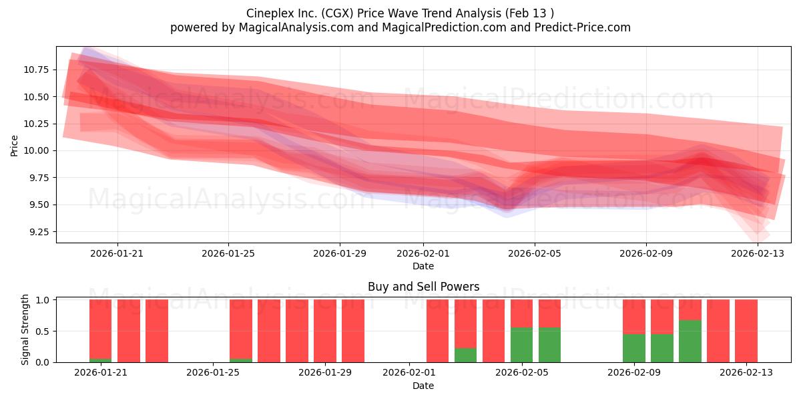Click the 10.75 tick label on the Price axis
pos(36,70)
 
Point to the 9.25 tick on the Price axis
pos(39,232)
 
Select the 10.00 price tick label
pos(36,151)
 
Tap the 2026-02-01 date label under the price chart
pos(423,253)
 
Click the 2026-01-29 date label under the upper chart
pos(340,253)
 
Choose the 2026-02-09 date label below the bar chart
pos(634,373)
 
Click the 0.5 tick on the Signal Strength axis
pos(43,331)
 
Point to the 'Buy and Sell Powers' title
pos(423,287)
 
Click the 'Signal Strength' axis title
pos(25,329)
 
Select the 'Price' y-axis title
pos(14,146)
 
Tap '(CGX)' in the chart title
pos(337,13)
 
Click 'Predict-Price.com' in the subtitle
pos(583,27)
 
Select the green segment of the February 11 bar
pos(690,342)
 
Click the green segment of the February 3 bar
pos(466,355)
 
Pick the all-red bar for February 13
pos(746,331)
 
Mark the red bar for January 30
pos(353,331)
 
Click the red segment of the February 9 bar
pos(634,317)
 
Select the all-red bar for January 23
pos(157,331)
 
